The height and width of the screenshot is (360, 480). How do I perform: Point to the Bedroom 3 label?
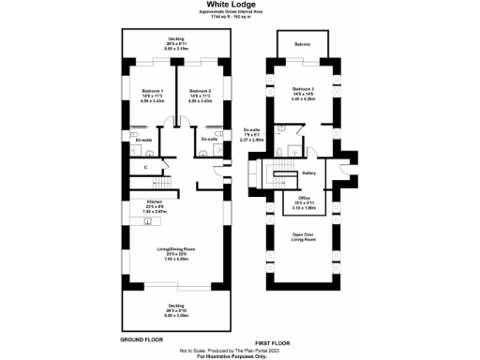pos(302,90)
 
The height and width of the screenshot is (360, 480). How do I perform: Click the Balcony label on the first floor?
pos(302,43)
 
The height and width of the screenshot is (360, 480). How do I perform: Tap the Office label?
pos(303,198)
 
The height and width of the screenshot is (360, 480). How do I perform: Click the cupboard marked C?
pos(145,167)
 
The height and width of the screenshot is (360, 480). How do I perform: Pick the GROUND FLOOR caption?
pos(140,337)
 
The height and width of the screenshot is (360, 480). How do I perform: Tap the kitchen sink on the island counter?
pos(137,224)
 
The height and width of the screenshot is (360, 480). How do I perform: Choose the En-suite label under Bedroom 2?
pos(212,138)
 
